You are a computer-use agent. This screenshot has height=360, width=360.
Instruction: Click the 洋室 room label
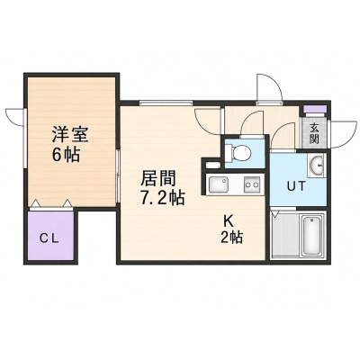coord(69,135)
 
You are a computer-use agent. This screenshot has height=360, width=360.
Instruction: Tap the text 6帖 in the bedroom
coord(66,155)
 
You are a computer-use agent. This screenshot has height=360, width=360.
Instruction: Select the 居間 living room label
coord(158,178)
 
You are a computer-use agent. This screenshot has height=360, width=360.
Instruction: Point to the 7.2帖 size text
coord(162,197)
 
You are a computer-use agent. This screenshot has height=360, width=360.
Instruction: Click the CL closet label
coord(49,239)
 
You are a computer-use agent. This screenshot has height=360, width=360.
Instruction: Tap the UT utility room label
coord(296,186)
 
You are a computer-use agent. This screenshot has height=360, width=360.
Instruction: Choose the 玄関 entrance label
coord(314,133)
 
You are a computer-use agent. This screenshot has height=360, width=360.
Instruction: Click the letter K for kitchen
coord(228,221)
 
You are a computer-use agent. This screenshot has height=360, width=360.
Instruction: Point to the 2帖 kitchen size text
coord(231,238)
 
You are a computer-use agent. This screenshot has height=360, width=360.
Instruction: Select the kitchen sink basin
coord(219,184)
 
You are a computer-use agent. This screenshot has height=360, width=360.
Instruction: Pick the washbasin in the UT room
coord(317,164)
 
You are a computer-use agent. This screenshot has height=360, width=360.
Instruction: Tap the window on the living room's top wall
coord(166,103)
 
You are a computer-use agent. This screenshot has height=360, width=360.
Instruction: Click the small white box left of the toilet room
coord(212,165)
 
